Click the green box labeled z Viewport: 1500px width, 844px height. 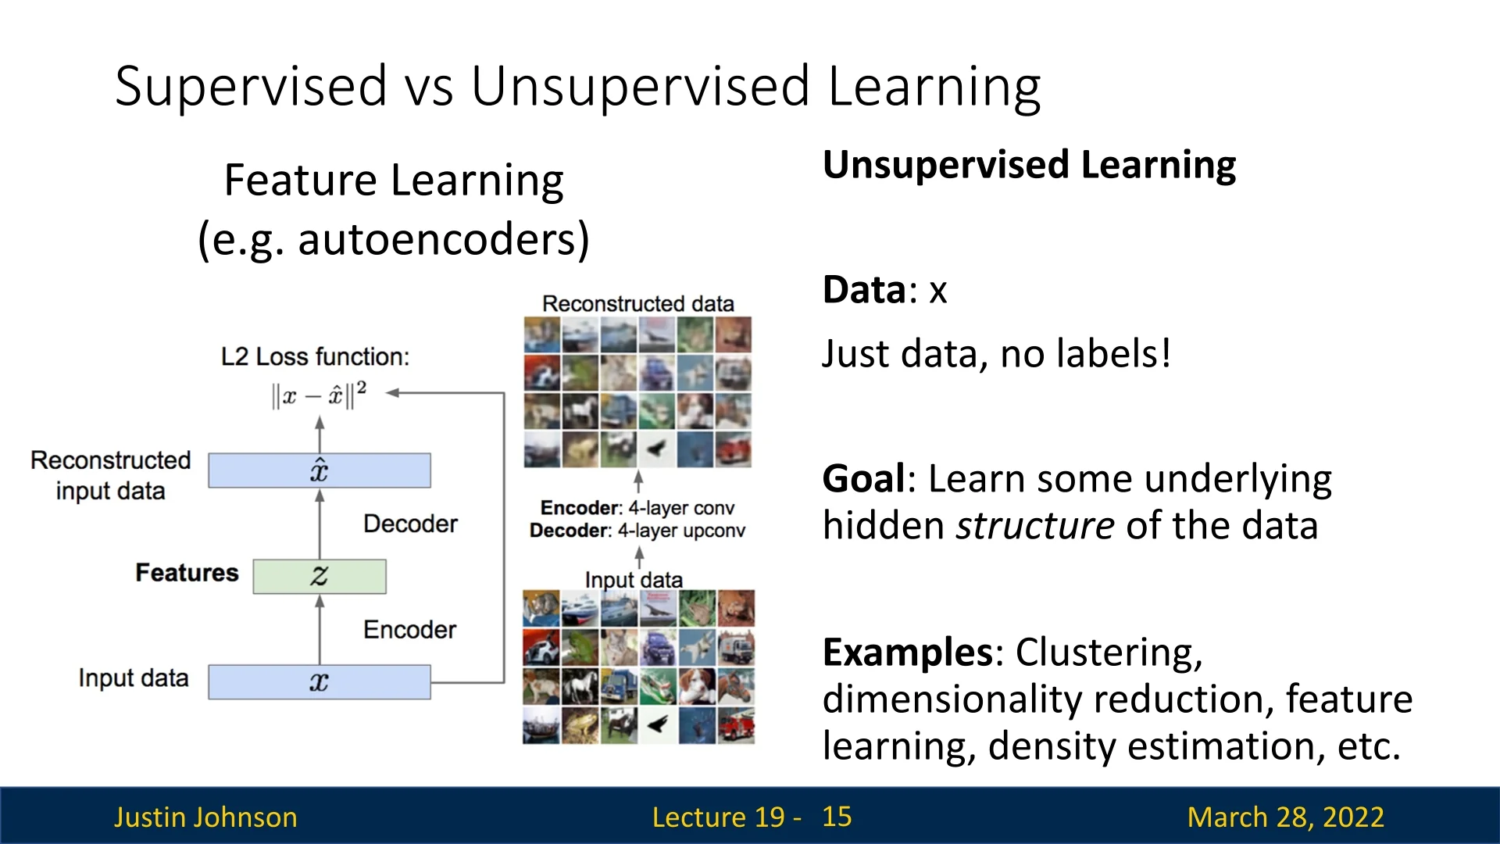320,577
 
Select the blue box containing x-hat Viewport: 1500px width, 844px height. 320,470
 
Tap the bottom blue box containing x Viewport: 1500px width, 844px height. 320,681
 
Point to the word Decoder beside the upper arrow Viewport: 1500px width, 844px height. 410,524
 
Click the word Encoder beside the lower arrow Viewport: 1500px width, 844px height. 409,630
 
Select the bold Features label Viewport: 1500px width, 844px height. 187,573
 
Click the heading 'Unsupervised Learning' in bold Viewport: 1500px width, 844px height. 1029,166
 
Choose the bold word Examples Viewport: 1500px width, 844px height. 907,653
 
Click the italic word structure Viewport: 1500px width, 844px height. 1036,525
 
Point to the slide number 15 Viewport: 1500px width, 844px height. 837,817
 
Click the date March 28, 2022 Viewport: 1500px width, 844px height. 1285,817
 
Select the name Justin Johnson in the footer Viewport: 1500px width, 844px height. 205,817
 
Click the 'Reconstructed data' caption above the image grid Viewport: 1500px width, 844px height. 638,304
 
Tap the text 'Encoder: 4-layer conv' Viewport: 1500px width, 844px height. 637,508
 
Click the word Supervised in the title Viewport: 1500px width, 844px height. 251,86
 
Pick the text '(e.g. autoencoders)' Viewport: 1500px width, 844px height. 394,239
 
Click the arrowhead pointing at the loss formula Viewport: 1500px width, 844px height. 393,393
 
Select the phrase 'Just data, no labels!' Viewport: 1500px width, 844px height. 997,354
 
